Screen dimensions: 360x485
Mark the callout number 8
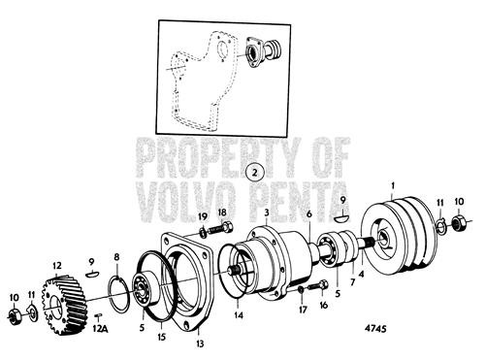click(116, 257)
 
